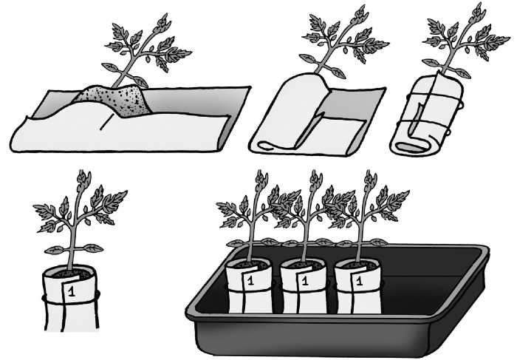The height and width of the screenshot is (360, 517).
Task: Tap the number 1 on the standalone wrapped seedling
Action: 71,292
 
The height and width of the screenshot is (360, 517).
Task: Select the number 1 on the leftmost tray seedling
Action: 250,281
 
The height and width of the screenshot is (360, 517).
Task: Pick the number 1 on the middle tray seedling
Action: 304,281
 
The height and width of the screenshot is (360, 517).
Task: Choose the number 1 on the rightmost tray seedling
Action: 360,281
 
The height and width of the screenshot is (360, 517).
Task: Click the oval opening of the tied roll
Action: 411,147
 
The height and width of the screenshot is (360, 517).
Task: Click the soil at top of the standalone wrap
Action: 70,273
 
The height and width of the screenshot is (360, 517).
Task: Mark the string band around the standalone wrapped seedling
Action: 71,301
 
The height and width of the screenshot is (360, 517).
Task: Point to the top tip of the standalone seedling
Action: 84,171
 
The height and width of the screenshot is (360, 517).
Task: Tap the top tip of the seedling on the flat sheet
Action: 164,16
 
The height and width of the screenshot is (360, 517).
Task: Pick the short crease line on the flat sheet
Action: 105,125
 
